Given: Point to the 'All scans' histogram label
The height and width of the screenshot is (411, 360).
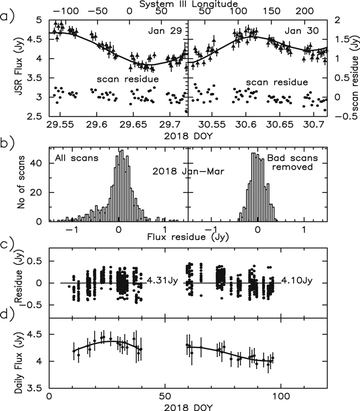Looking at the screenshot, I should (75, 159).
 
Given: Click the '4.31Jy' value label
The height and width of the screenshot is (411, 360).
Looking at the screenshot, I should (163, 280).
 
